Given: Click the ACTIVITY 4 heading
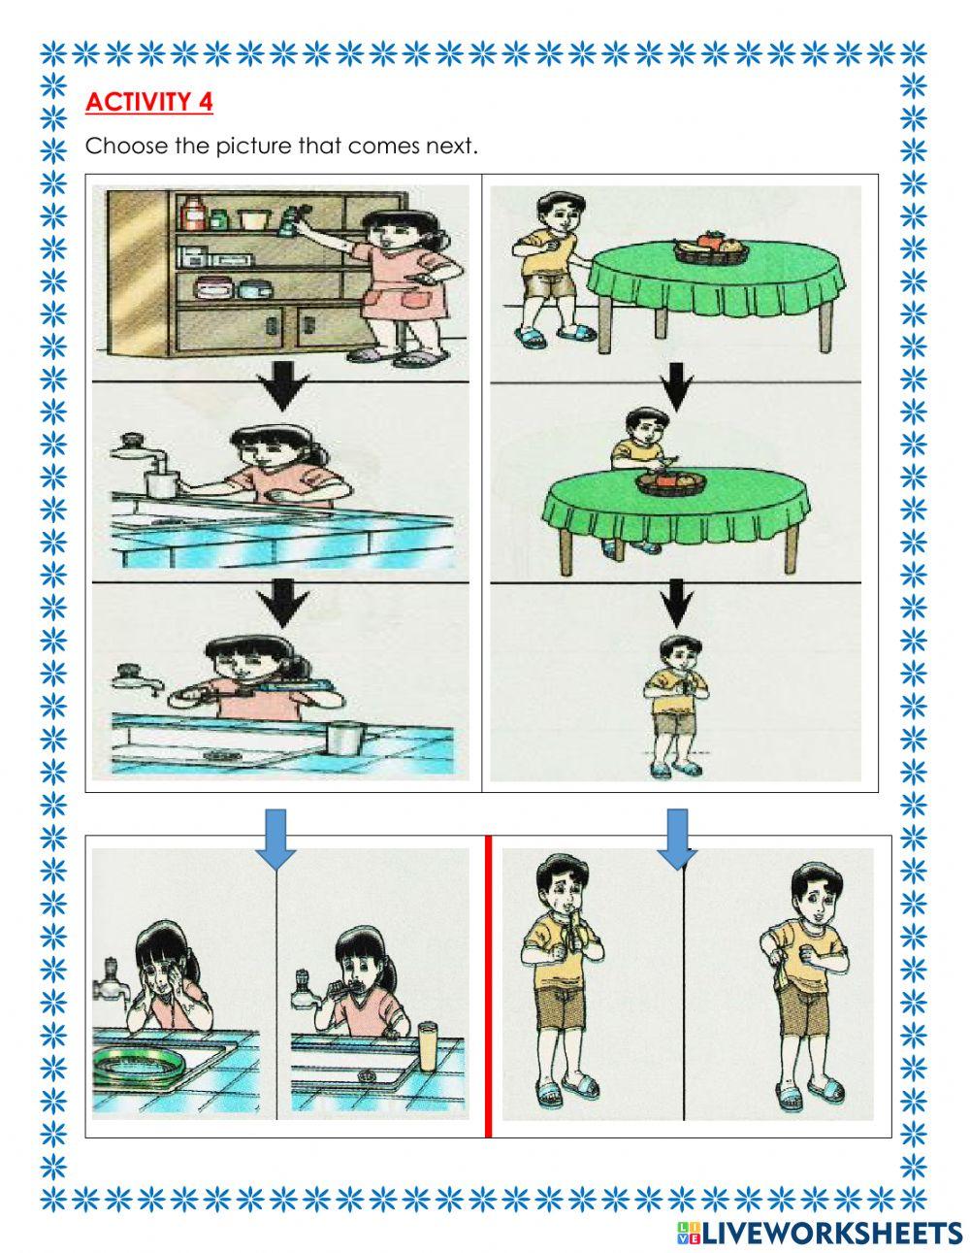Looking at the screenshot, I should coord(149,102).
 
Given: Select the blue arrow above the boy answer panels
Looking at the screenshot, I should coord(677,837).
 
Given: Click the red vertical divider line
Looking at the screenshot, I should coord(488,985).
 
